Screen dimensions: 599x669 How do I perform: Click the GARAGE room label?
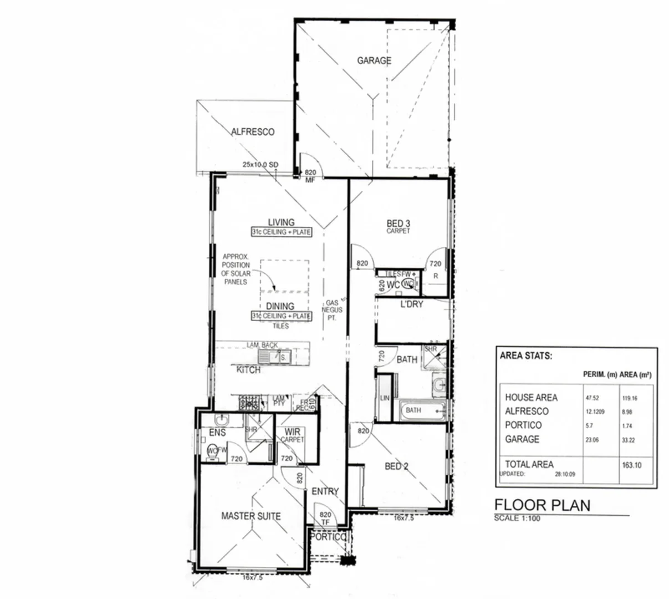tap(374, 60)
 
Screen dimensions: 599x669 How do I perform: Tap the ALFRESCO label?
tap(253, 132)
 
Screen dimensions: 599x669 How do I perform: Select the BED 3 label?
tap(398, 224)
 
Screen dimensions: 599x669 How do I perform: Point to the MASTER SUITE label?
tap(251, 516)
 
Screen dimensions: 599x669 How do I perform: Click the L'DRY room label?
tap(412, 304)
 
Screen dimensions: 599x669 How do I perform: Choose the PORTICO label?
tap(328, 537)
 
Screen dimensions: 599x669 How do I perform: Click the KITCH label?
tap(248, 369)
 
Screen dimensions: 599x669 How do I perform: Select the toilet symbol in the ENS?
tap(213, 451)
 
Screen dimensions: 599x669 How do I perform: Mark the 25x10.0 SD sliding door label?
tap(260, 165)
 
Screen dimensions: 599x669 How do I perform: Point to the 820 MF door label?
tap(310, 176)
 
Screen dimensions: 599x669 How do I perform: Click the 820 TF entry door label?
tap(325, 519)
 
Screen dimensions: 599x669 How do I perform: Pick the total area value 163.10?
tap(631, 465)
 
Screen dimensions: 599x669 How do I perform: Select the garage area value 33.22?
tap(627, 440)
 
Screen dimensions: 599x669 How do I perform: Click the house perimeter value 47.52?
tap(592, 398)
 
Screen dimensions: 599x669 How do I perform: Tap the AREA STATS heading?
tap(525, 356)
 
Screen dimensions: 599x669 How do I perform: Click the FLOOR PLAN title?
tap(542, 505)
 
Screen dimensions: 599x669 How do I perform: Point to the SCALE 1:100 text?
tap(517, 518)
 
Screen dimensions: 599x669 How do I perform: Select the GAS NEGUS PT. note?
tap(333, 310)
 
